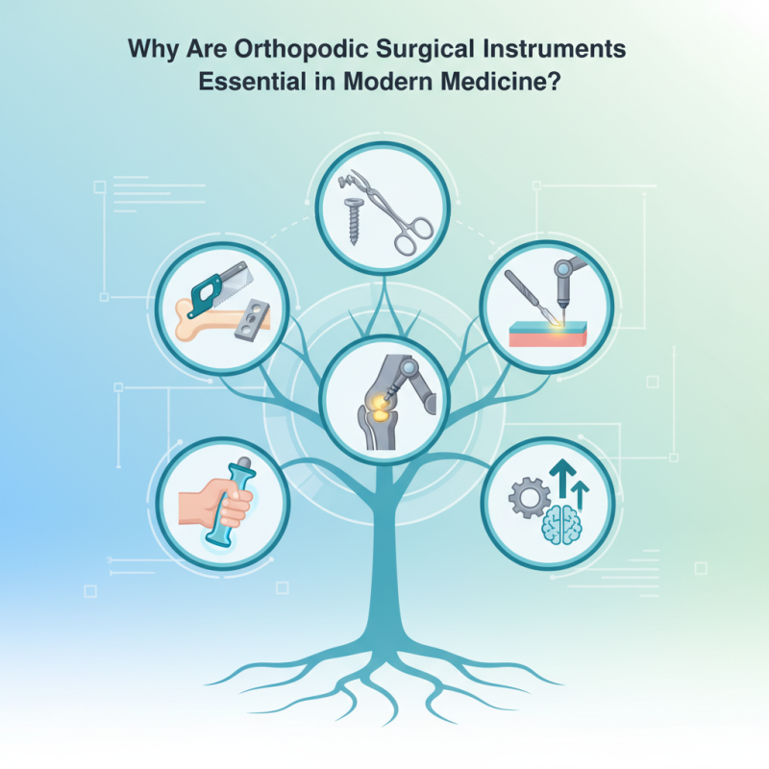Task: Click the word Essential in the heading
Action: pyautogui.click(x=239, y=82)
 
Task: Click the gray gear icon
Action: pyautogui.click(x=529, y=498)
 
